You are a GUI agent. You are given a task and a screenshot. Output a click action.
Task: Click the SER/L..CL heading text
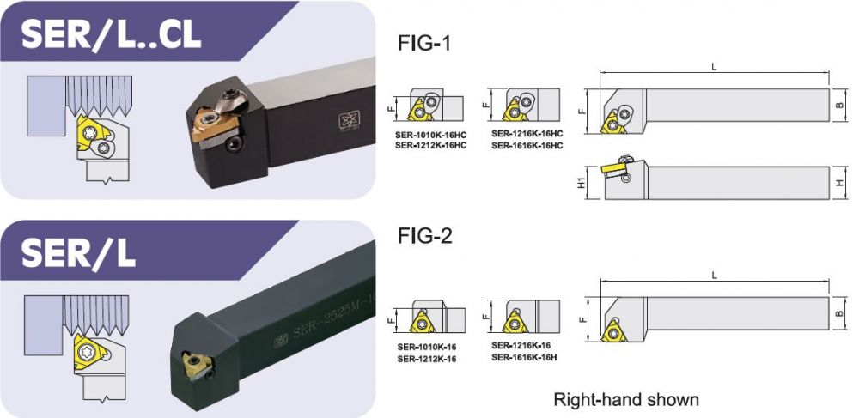point(111,34)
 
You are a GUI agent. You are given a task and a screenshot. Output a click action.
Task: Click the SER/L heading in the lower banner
point(78,252)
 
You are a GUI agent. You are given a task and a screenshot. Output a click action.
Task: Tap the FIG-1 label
point(424,43)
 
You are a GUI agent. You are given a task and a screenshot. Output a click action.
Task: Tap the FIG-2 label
point(425,236)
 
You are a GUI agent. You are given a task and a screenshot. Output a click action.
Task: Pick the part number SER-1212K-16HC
point(430,146)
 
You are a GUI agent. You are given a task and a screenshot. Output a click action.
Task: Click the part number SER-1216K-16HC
point(527,134)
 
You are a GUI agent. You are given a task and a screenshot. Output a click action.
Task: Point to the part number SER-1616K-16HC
point(527,145)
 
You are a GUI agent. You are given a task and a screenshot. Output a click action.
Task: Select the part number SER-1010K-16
point(426,348)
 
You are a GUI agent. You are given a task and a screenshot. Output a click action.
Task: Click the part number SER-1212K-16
point(426,359)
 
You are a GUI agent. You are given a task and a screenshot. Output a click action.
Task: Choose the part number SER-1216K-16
point(521,345)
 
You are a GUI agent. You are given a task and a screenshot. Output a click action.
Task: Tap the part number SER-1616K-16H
point(524,357)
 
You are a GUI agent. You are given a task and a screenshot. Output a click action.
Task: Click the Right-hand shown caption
point(626,399)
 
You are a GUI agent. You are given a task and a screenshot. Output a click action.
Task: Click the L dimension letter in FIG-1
point(715,67)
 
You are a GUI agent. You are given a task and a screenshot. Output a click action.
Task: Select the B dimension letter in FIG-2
point(840,314)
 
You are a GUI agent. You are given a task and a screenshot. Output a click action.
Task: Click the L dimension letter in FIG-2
point(715,276)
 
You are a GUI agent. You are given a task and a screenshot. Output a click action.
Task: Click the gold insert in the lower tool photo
point(195,365)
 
